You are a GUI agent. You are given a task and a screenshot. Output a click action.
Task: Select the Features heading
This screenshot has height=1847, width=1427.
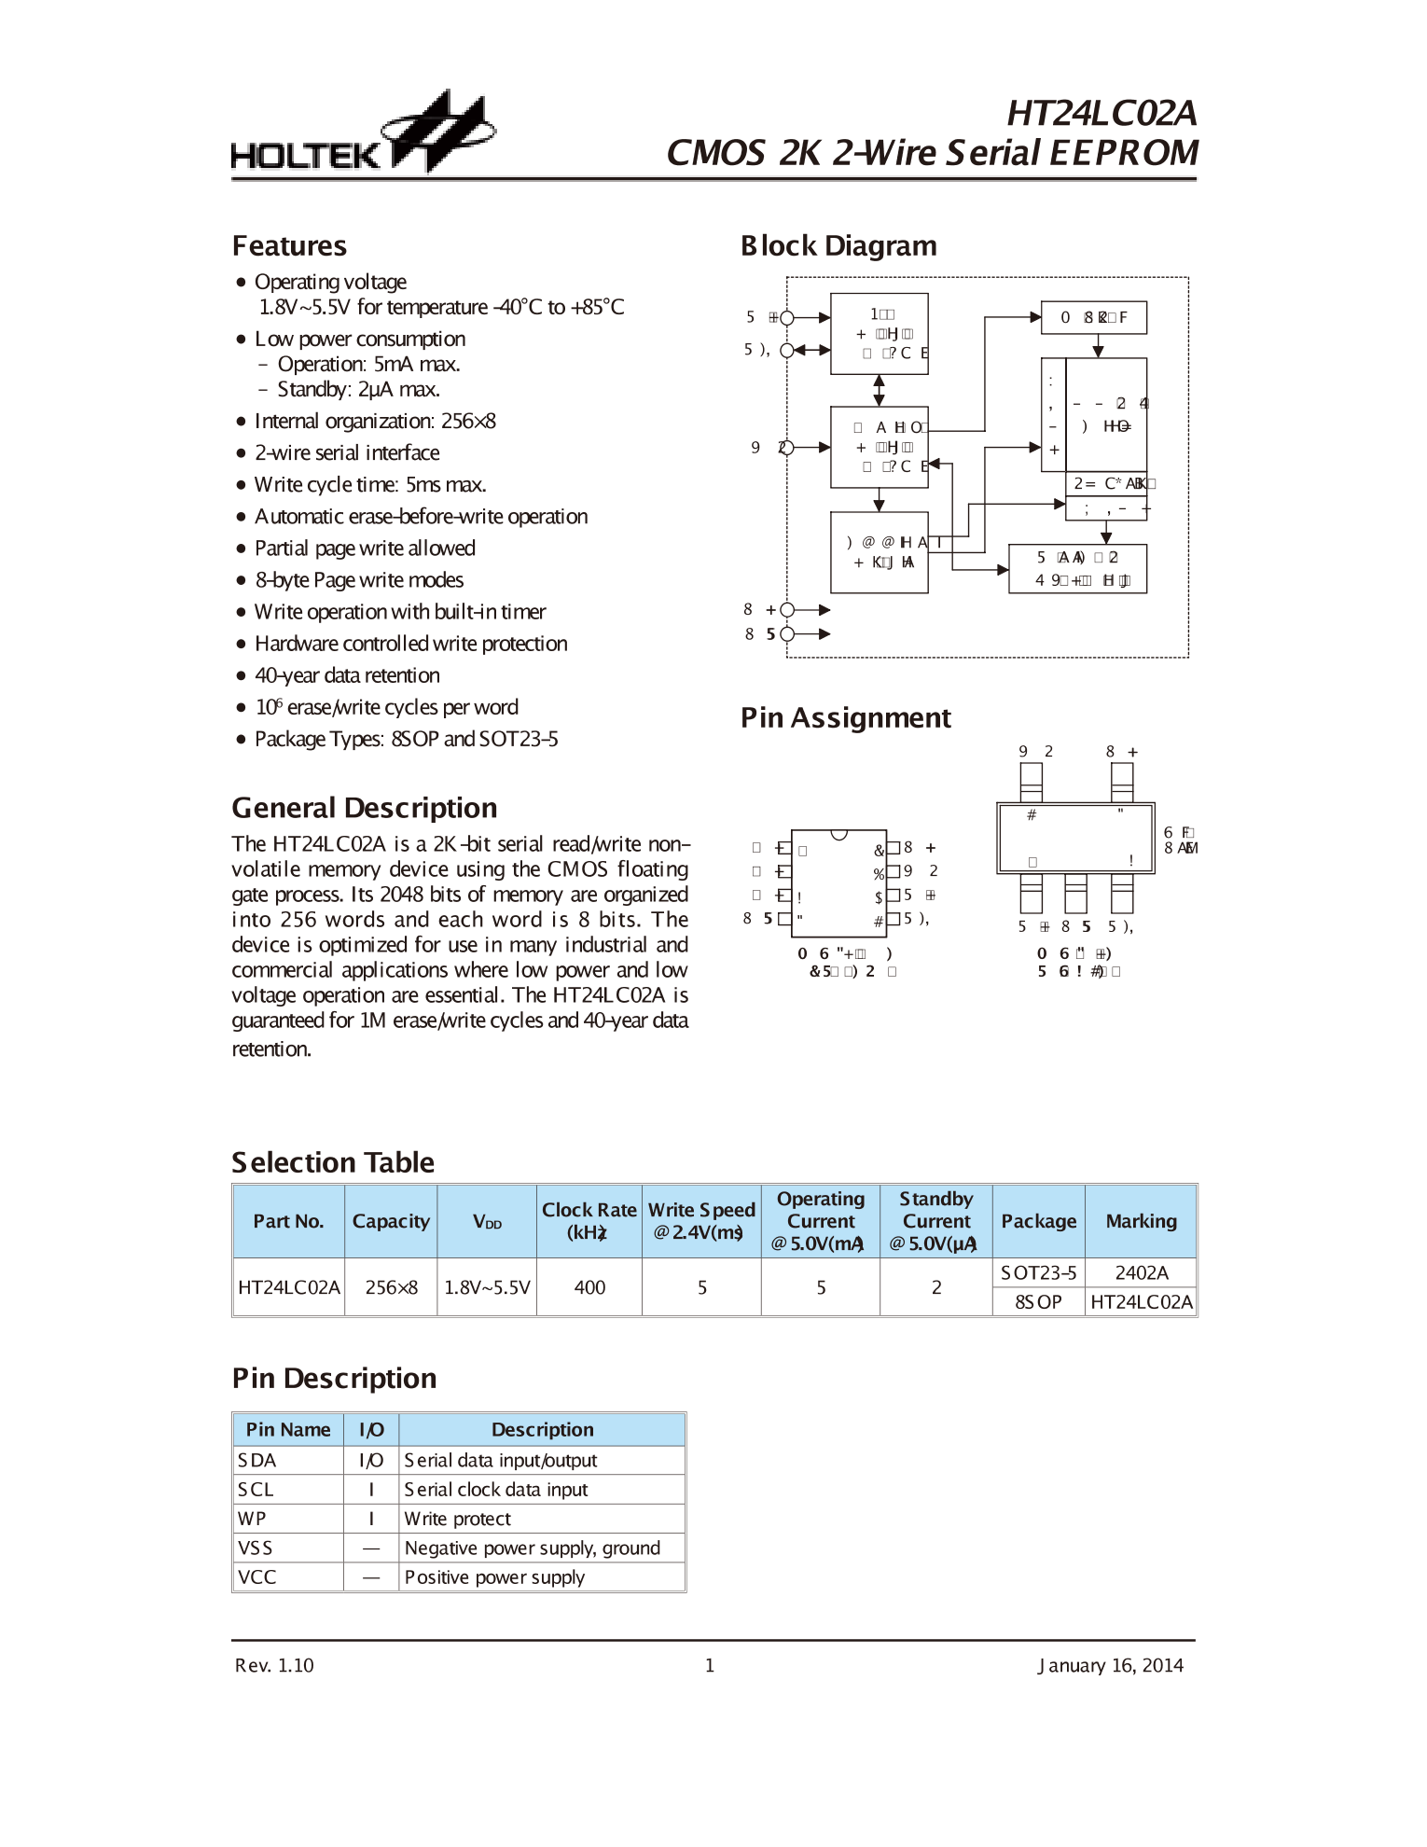click(x=289, y=246)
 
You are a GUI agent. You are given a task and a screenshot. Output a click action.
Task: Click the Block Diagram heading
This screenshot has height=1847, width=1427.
click(x=838, y=246)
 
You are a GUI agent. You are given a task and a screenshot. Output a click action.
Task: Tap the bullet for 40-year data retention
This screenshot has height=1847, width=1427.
click(x=241, y=676)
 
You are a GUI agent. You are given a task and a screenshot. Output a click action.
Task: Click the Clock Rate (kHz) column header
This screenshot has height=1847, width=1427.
click(x=589, y=1221)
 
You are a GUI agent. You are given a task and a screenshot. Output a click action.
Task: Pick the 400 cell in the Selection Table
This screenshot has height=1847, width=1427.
click(x=589, y=1287)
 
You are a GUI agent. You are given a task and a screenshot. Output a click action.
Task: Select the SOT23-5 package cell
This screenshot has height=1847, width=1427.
click(x=1038, y=1272)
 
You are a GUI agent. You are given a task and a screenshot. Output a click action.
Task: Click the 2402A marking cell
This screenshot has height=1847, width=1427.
click(x=1141, y=1272)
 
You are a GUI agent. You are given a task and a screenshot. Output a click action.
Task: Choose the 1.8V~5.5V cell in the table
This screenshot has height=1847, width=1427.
click(x=487, y=1287)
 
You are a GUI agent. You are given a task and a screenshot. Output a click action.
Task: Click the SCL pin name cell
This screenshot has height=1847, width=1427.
click(x=256, y=1490)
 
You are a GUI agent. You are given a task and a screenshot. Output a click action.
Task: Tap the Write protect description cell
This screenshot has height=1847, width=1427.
click(x=457, y=1519)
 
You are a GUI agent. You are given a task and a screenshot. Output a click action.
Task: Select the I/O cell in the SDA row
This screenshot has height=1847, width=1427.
click(x=371, y=1461)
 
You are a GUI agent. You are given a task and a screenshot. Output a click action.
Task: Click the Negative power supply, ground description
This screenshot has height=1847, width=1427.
click(x=532, y=1548)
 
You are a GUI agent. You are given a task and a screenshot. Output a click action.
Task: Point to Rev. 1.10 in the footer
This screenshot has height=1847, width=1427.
click(x=274, y=1665)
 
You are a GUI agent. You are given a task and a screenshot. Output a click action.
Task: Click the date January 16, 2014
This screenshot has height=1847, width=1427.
click(x=1110, y=1665)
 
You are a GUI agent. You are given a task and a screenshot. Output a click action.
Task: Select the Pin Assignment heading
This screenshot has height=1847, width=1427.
click(x=845, y=718)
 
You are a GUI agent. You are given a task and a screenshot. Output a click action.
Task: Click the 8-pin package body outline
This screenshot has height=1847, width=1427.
click(x=838, y=882)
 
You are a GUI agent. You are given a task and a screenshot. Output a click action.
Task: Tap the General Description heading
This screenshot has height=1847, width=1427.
click(x=364, y=808)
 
